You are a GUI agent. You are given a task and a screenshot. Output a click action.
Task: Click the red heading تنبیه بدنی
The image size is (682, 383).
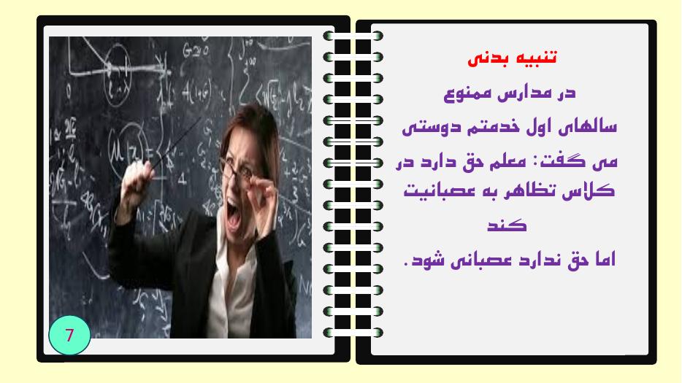[x=512, y=58]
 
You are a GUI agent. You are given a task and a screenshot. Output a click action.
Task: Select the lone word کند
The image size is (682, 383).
[x=507, y=225]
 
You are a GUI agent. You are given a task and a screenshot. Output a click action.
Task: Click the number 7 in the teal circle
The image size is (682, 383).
[x=69, y=335]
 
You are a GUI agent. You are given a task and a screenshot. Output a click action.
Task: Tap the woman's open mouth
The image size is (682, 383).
[x=233, y=215]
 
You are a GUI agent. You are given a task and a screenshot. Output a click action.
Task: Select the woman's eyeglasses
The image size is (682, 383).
[x=237, y=172]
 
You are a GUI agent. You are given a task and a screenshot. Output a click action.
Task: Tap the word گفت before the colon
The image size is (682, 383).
[x=552, y=162]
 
